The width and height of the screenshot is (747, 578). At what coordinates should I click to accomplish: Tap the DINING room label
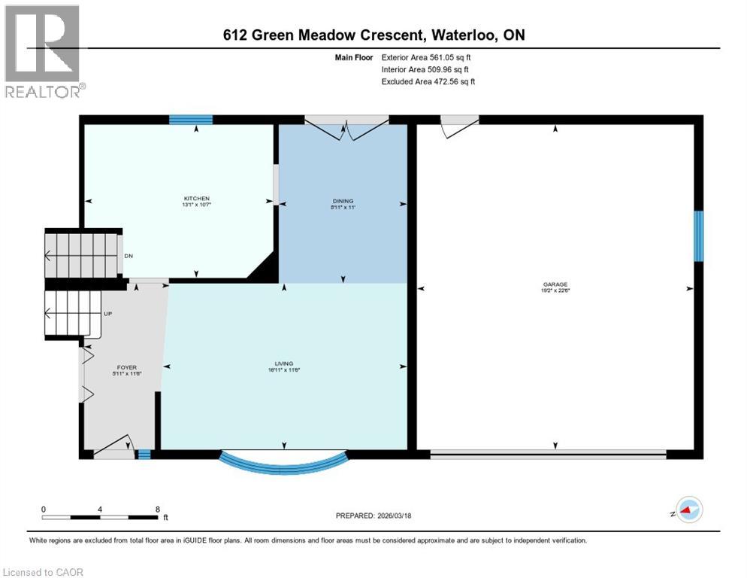pos(343,201)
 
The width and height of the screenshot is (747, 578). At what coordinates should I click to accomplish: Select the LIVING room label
pos(284,364)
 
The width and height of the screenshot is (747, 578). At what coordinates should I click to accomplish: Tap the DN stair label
pos(129,256)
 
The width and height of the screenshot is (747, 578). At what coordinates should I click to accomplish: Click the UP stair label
pos(107,313)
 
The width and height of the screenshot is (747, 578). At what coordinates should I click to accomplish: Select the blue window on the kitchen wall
pos(191,119)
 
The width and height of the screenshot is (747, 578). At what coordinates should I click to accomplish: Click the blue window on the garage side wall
pos(698,236)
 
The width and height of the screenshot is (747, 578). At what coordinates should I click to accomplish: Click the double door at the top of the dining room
pos(346,128)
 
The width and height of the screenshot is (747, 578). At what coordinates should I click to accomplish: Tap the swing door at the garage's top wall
pos(458,126)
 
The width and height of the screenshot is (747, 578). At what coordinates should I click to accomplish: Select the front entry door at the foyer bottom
pos(114,448)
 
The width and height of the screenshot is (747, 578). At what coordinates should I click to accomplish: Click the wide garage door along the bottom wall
pos(548,454)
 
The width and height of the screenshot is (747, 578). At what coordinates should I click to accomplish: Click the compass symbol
pos(687,511)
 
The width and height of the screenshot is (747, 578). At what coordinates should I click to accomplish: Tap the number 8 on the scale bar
pos(157,509)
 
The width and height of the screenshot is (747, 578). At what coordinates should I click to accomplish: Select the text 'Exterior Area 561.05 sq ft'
pos(427,57)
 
